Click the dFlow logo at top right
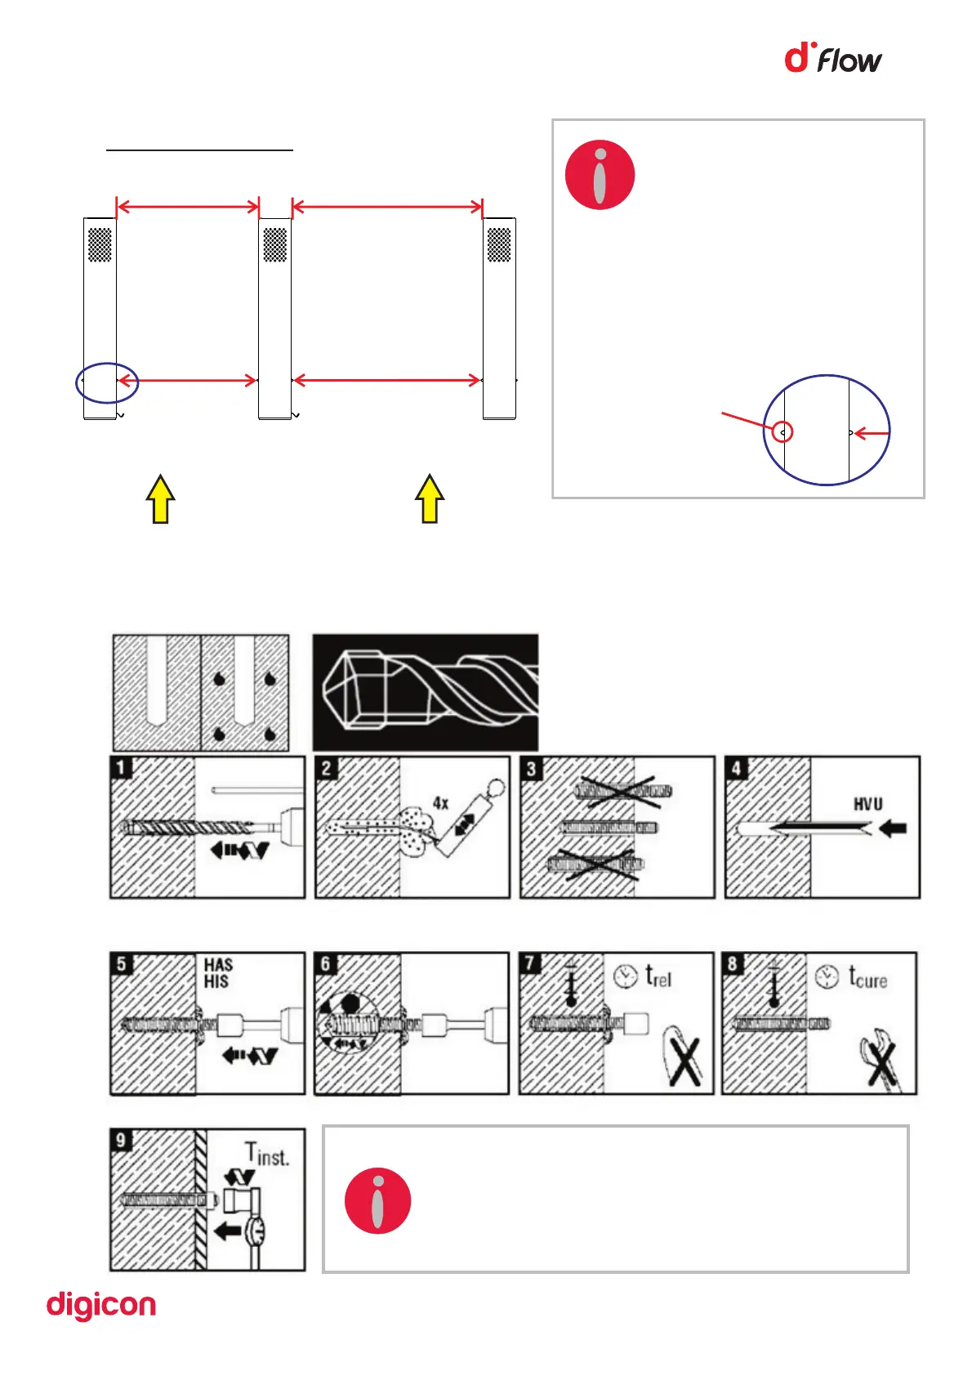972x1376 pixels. pyautogui.click(x=832, y=59)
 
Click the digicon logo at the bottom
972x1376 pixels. pyautogui.click(x=100, y=1305)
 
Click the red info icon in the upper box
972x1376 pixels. pyautogui.click(x=600, y=175)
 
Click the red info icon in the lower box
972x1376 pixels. pyautogui.click(x=377, y=1200)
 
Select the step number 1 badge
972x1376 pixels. pyautogui.click(x=121, y=767)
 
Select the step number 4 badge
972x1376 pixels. pyautogui.click(x=736, y=767)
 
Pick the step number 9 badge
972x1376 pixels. pyautogui.click(x=121, y=1140)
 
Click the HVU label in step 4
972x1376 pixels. pyautogui.click(x=867, y=804)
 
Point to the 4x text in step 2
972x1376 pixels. pyautogui.click(x=440, y=803)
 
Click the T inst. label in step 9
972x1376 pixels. pyautogui.click(x=267, y=1155)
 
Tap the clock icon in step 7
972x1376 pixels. pyautogui.click(x=625, y=976)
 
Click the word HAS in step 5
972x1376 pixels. pyautogui.click(x=218, y=965)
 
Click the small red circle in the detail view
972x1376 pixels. pyautogui.click(x=783, y=432)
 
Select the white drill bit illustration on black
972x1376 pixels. pyautogui.click(x=426, y=692)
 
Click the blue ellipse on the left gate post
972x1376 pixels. pyautogui.click(x=107, y=382)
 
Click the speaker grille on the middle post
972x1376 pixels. pyautogui.click(x=275, y=244)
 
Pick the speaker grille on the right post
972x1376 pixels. pyautogui.click(x=498, y=244)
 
